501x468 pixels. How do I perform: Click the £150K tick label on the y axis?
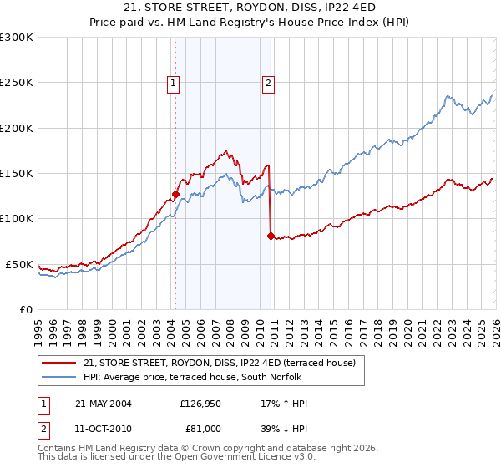click(17, 174)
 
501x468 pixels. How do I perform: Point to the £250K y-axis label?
click(17, 83)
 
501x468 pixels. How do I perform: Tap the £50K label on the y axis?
click(19, 264)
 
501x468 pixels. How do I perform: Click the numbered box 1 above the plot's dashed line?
click(174, 83)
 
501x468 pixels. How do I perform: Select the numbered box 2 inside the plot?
click(269, 83)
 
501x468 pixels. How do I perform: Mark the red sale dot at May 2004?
click(175, 195)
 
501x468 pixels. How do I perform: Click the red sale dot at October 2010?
click(270, 237)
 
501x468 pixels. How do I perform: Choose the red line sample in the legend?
click(59, 363)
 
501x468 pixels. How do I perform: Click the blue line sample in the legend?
click(59, 377)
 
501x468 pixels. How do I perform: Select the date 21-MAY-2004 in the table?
click(104, 404)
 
